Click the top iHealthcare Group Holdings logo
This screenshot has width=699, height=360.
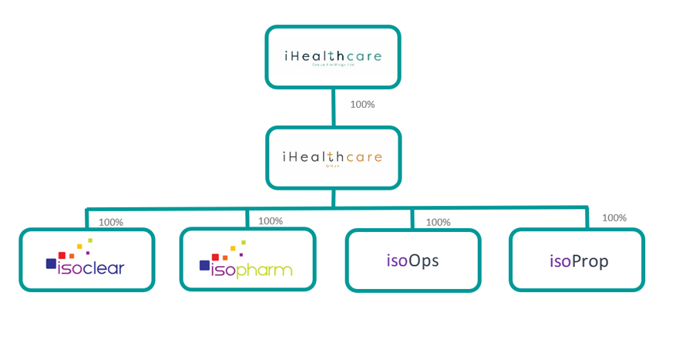click(332, 58)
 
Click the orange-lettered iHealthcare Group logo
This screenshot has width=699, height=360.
click(332, 157)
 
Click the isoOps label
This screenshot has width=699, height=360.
click(412, 261)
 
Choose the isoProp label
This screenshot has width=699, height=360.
click(578, 261)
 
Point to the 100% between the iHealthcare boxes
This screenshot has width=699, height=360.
click(362, 104)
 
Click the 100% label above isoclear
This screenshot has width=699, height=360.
click(110, 222)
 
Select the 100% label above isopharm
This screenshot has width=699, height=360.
click(271, 220)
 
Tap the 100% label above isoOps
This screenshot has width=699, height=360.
click(438, 222)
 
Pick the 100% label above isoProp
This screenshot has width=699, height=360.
click(614, 218)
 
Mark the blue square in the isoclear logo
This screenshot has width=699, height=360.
click(51, 264)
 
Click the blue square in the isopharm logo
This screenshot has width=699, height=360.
click(205, 265)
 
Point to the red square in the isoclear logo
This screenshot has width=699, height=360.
click(62, 255)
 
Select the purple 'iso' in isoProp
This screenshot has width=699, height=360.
click(560, 261)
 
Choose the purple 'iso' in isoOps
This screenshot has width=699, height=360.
click(396, 261)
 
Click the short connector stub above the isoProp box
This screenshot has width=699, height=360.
click(587, 217)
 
